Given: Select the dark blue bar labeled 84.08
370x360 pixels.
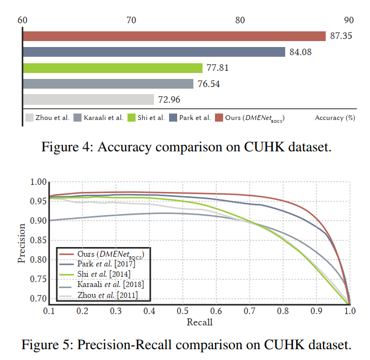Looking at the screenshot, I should coord(154,52).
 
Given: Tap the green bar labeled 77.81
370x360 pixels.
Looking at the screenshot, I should coord(113,68).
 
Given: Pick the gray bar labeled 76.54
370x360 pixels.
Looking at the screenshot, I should coord(108,84).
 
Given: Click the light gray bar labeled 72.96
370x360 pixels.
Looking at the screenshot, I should coord(89,99).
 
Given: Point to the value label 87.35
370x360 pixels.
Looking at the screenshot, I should coord(341,36).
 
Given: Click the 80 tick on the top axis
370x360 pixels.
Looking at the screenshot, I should coord(240,20).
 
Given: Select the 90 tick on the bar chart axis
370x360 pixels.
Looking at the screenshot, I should coord(348,20).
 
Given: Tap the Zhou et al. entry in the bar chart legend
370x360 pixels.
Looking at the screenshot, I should coord(52,117).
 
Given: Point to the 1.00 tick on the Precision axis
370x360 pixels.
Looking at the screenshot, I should coord(34,182).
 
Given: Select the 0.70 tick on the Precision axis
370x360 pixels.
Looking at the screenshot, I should coord(34,298).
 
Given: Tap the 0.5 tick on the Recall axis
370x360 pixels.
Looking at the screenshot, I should coord(182,312).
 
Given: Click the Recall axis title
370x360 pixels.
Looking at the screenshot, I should coord(199,323).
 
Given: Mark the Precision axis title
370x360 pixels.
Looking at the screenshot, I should coord(22,243).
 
